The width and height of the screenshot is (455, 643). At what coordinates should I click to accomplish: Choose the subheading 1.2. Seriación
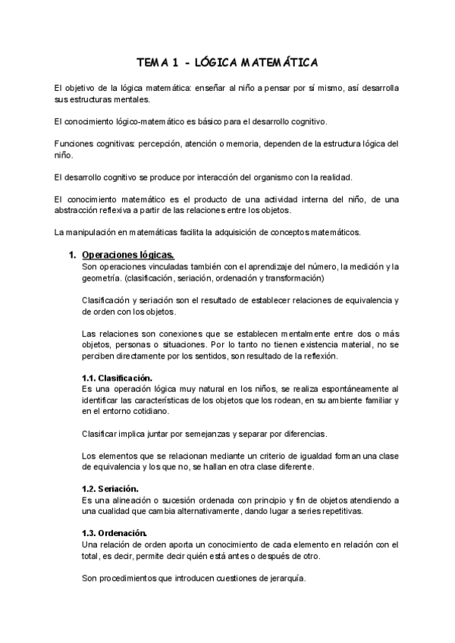tap(110, 488)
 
